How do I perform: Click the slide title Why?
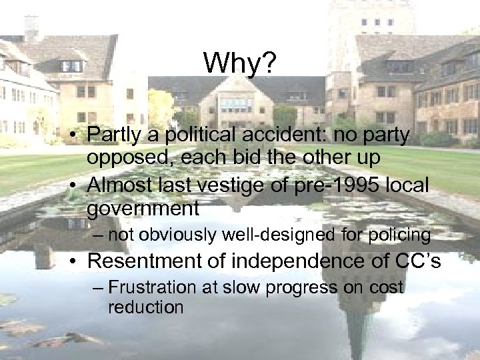pos(239,63)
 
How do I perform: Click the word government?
pos(143,209)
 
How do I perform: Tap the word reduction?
pos(145,307)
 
